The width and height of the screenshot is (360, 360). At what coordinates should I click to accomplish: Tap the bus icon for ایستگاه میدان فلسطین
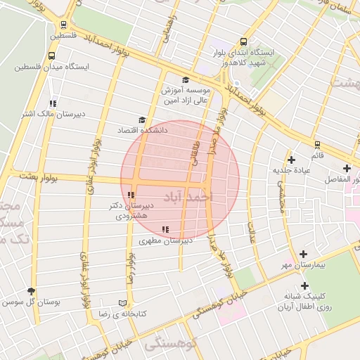(51, 56)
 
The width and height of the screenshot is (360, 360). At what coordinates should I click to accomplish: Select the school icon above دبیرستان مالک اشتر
(53, 103)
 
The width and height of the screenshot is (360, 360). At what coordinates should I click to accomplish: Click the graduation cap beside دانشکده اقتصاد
(142, 120)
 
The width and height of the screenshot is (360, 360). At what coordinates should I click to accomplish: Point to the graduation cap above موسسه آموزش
(186, 80)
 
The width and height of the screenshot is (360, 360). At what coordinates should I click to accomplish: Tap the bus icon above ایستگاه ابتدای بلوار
(243, 41)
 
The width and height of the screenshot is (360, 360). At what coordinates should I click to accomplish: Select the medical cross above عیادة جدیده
(291, 160)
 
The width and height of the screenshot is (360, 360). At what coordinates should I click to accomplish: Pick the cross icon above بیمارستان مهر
(303, 254)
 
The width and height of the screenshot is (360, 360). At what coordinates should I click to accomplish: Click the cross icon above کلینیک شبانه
(304, 285)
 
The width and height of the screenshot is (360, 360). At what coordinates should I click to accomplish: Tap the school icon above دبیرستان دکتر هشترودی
(131, 195)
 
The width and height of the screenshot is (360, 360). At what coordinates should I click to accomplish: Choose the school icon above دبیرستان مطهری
(165, 230)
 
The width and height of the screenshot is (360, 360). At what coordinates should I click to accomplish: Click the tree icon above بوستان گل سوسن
(31, 291)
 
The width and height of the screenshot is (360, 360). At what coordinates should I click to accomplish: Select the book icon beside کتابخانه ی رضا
(123, 302)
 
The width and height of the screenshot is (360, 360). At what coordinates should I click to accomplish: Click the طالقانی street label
(195, 152)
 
